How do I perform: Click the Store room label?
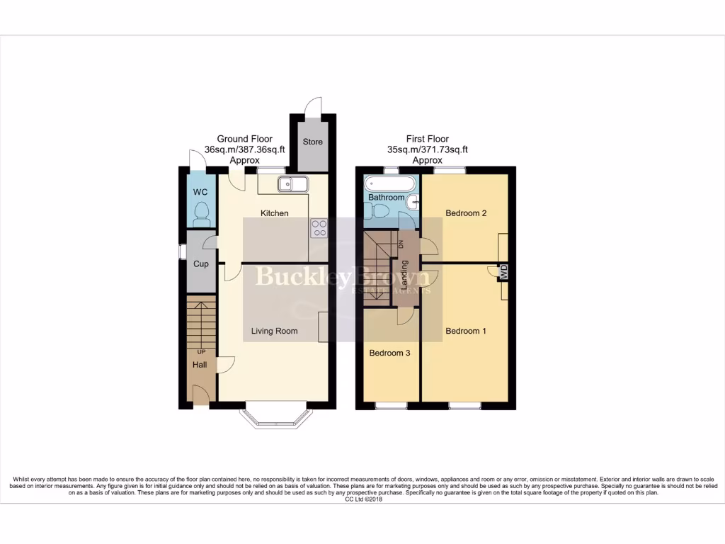(312, 142)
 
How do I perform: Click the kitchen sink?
(292, 185)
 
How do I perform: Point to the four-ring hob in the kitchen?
(319, 228)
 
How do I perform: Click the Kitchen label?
(274, 213)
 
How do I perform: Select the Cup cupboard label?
(201, 264)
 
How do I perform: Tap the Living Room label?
(275, 331)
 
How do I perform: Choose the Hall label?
(201, 365)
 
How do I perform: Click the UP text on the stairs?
(202, 351)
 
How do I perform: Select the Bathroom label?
(386, 197)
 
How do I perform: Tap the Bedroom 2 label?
(465, 212)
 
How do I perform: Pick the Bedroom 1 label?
(465, 331)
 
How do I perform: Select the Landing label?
(405, 272)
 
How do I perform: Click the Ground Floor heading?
(244, 139)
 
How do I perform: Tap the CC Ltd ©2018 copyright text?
(362, 499)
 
